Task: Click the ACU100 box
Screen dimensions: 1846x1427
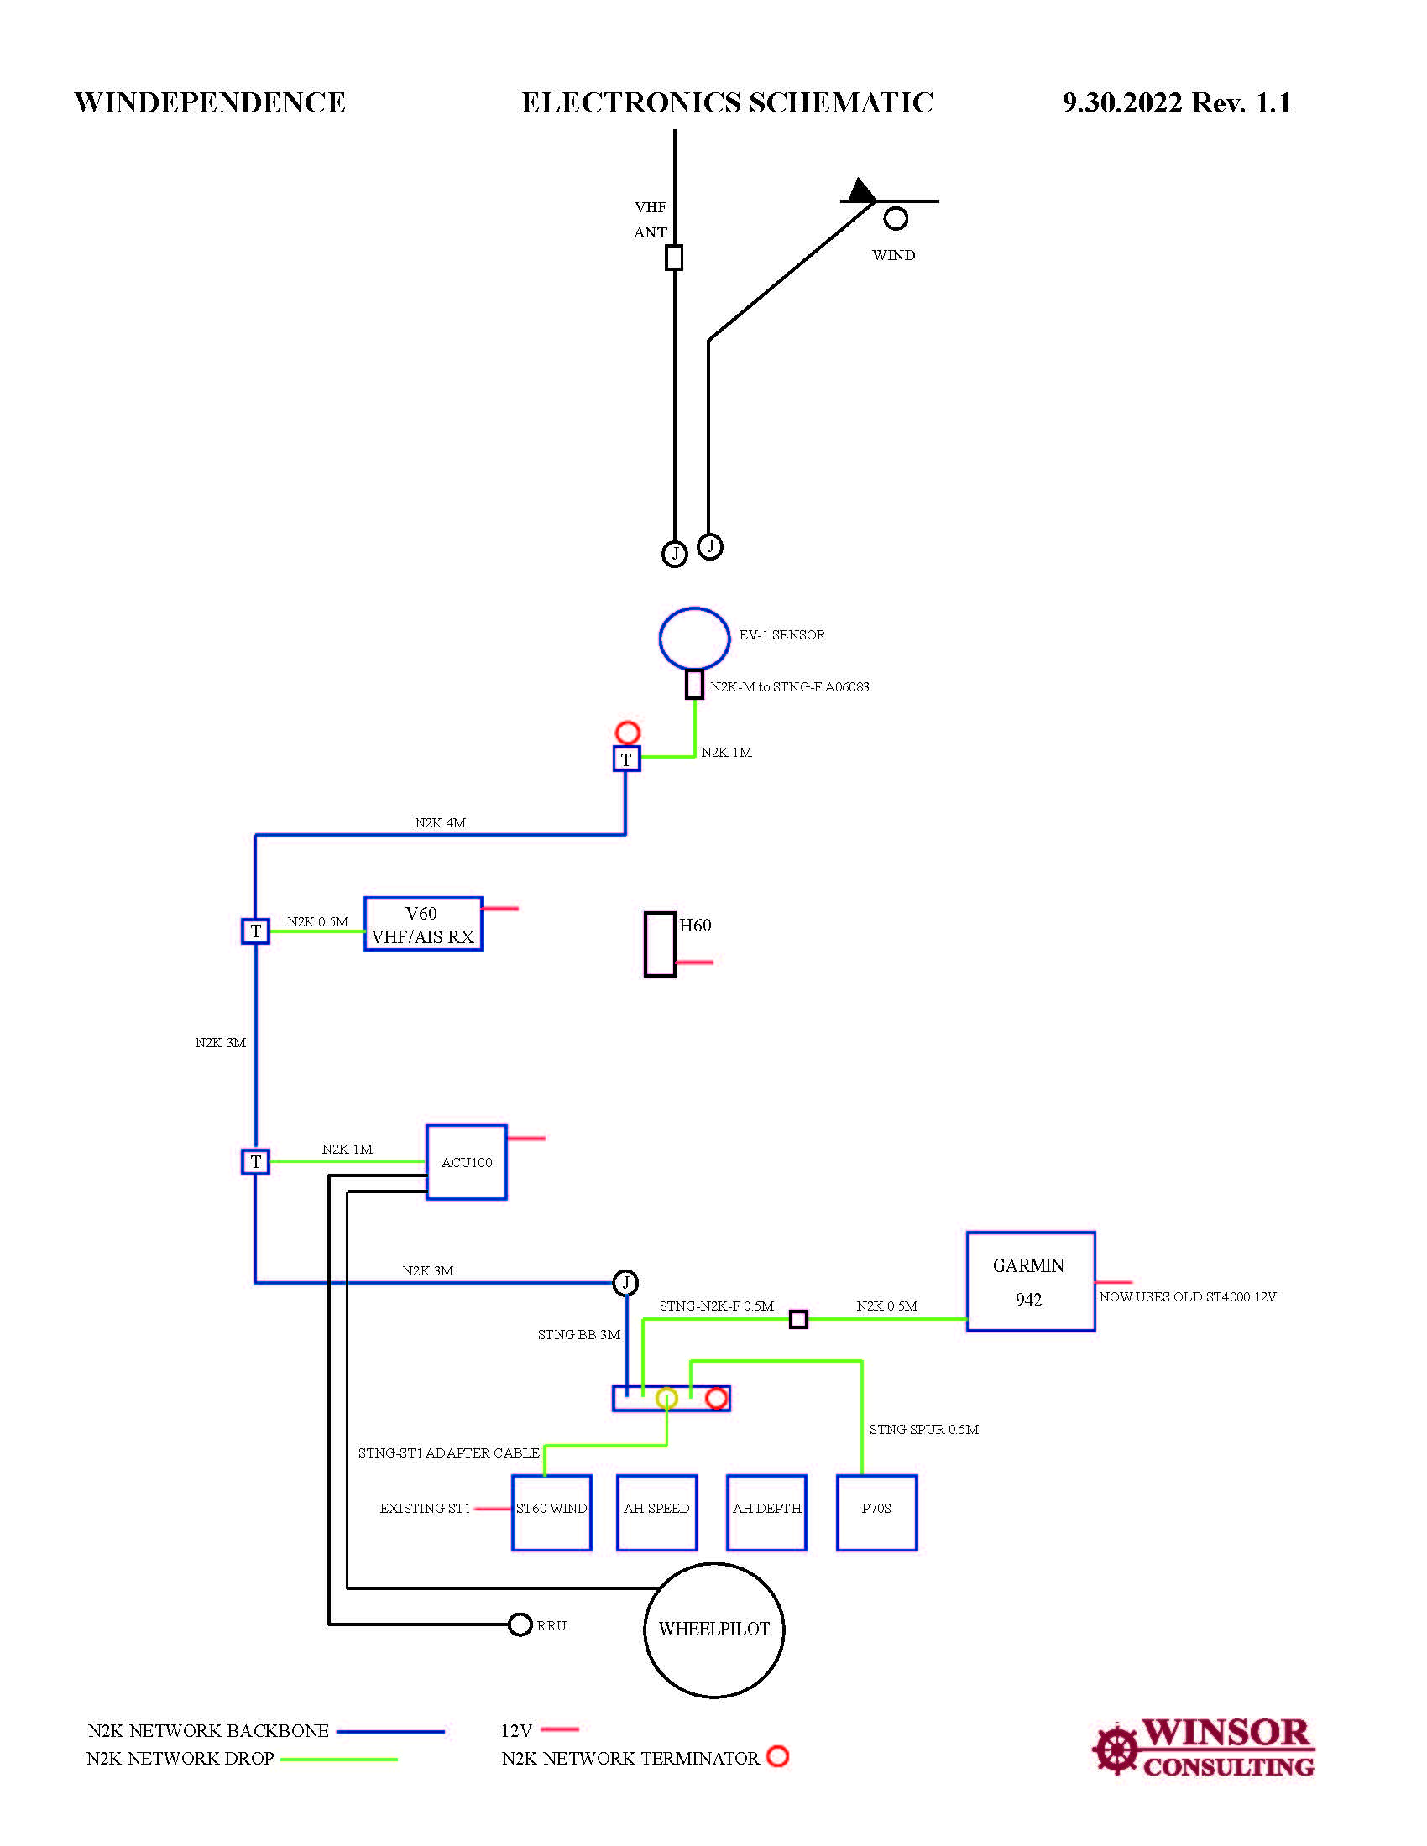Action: [x=467, y=1161]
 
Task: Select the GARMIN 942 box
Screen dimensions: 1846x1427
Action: [x=1031, y=1281]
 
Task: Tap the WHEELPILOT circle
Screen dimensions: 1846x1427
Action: [x=714, y=1629]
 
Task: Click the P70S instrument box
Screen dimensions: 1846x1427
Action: [x=876, y=1512]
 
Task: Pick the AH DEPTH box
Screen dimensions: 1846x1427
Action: [x=766, y=1512]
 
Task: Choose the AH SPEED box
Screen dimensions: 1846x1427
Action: [x=657, y=1512]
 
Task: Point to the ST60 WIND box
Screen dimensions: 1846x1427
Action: [x=551, y=1512]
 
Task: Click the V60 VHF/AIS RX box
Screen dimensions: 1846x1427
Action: [x=424, y=924]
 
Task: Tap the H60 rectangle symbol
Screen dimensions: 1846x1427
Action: [x=661, y=944]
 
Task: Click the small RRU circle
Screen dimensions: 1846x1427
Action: [x=520, y=1624]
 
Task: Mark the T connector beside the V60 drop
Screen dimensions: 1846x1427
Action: [x=255, y=931]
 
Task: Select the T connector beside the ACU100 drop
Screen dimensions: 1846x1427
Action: [x=255, y=1161]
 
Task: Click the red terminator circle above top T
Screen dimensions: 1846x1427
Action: [x=627, y=731]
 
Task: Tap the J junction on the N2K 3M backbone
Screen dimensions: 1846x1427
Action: [x=625, y=1282]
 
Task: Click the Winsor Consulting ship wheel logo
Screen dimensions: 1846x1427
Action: [x=1116, y=1750]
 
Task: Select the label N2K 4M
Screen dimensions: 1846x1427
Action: [x=440, y=822]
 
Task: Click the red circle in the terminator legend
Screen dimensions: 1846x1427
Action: [x=777, y=1756]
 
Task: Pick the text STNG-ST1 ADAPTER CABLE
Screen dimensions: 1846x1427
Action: [x=448, y=1453]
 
